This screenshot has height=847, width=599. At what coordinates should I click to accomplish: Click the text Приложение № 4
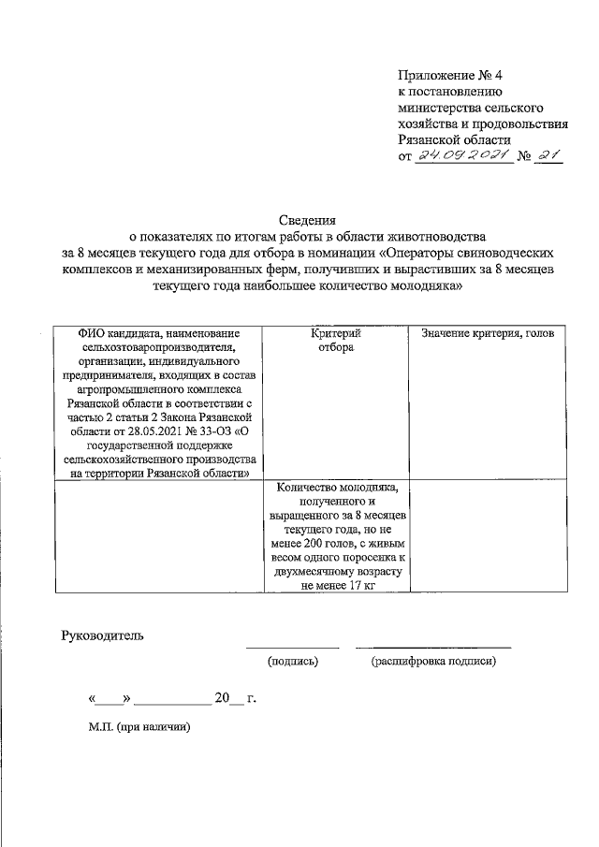[x=450, y=76]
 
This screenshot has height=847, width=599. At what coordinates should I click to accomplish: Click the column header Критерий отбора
[x=335, y=341]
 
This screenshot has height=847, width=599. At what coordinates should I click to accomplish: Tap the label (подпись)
[x=293, y=661]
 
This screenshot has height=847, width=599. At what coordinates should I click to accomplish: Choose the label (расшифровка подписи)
[x=433, y=661]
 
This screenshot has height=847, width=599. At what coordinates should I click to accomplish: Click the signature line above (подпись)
[x=292, y=647]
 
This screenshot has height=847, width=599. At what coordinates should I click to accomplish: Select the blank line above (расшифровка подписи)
[x=433, y=647]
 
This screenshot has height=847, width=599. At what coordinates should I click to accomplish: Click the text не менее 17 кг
[x=335, y=585]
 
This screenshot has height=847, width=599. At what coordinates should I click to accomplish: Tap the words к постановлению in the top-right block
[x=452, y=92]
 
